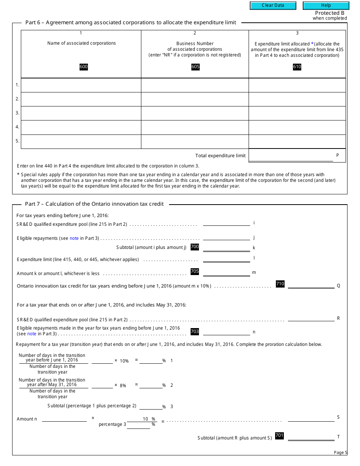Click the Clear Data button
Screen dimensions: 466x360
tap(273, 6)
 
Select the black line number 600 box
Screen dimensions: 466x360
tap(83, 67)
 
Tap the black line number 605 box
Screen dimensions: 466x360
tap(195, 67)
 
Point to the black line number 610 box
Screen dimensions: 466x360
tap(297, 67)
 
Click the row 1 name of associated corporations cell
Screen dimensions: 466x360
tap(81, 85)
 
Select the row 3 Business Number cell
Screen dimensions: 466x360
tap(195, 113)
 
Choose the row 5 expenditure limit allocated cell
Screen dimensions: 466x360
tap(297, 141)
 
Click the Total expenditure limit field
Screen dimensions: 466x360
tap(291, 156)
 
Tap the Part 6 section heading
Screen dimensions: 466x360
tap(131, 22)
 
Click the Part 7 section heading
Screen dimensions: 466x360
tap(94, 204)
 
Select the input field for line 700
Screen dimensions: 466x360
tap(226, 247)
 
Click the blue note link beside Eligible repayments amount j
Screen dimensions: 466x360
tap(74, 238)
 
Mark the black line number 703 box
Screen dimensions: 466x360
tap(194, 332)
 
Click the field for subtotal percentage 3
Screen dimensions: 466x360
tap(151, 406)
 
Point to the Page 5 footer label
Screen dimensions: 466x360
tap(340, 452)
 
